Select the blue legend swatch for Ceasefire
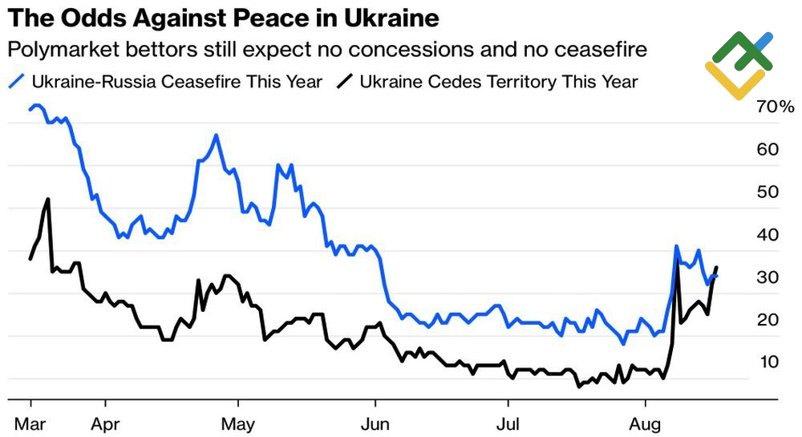18,81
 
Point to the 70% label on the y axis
774,107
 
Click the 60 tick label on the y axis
768,150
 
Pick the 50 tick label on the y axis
768,192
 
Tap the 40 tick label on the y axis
768,235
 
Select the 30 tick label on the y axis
768,277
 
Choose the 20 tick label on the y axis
768,320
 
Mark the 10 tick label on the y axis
768,362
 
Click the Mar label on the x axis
30,422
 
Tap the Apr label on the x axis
105,422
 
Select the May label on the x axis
238,422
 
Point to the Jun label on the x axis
375,422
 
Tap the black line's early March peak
48,199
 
